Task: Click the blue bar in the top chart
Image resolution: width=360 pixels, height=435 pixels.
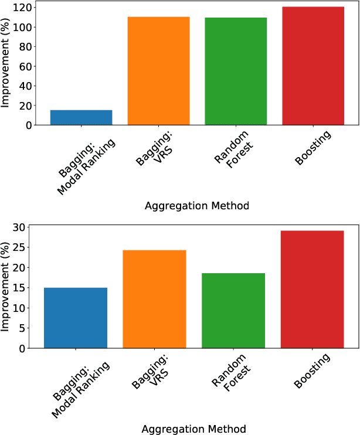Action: click(81, 117)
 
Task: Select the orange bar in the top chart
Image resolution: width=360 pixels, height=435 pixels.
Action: click(158, 71)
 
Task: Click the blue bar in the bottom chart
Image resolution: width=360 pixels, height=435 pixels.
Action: click(76, 318)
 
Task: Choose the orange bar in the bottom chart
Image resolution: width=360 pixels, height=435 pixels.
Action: click(154, 299)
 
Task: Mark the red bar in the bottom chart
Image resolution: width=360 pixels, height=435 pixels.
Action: click(312, 290)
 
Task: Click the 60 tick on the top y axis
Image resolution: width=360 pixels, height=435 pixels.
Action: click(25, 66)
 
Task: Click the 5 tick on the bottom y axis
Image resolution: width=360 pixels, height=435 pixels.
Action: click(24, 328)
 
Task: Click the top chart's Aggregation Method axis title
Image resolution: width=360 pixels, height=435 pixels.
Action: click(196, 206)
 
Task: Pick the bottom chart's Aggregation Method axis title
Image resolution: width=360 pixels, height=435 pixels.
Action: click(193, 429)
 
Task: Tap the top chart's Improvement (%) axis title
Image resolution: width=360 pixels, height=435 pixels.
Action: click(6, 63)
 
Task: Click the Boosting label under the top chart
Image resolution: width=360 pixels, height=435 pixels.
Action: click(312, 148)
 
